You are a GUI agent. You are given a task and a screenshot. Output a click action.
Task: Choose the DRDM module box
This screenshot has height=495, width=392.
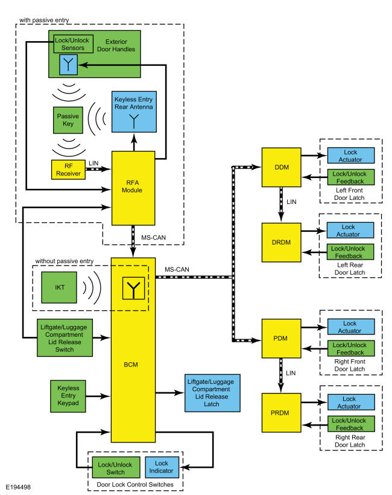[x=280, y=241]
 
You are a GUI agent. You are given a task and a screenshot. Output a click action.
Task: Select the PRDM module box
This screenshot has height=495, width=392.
[x=280, y=412]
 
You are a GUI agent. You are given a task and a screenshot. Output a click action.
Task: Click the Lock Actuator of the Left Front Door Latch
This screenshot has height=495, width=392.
[x=350, y=155]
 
